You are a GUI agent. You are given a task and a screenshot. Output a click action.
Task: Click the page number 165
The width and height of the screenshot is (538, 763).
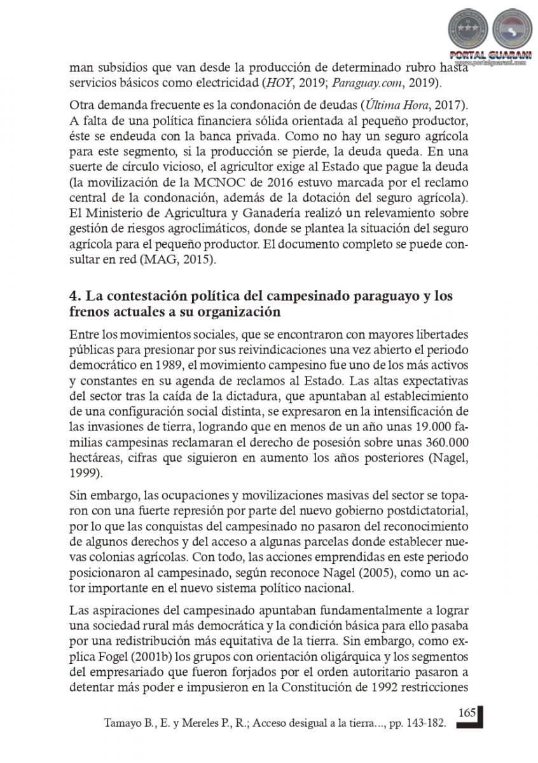(x=467, y=713)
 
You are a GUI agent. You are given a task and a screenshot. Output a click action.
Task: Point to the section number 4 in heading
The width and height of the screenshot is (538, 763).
(x=73, y=297)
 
